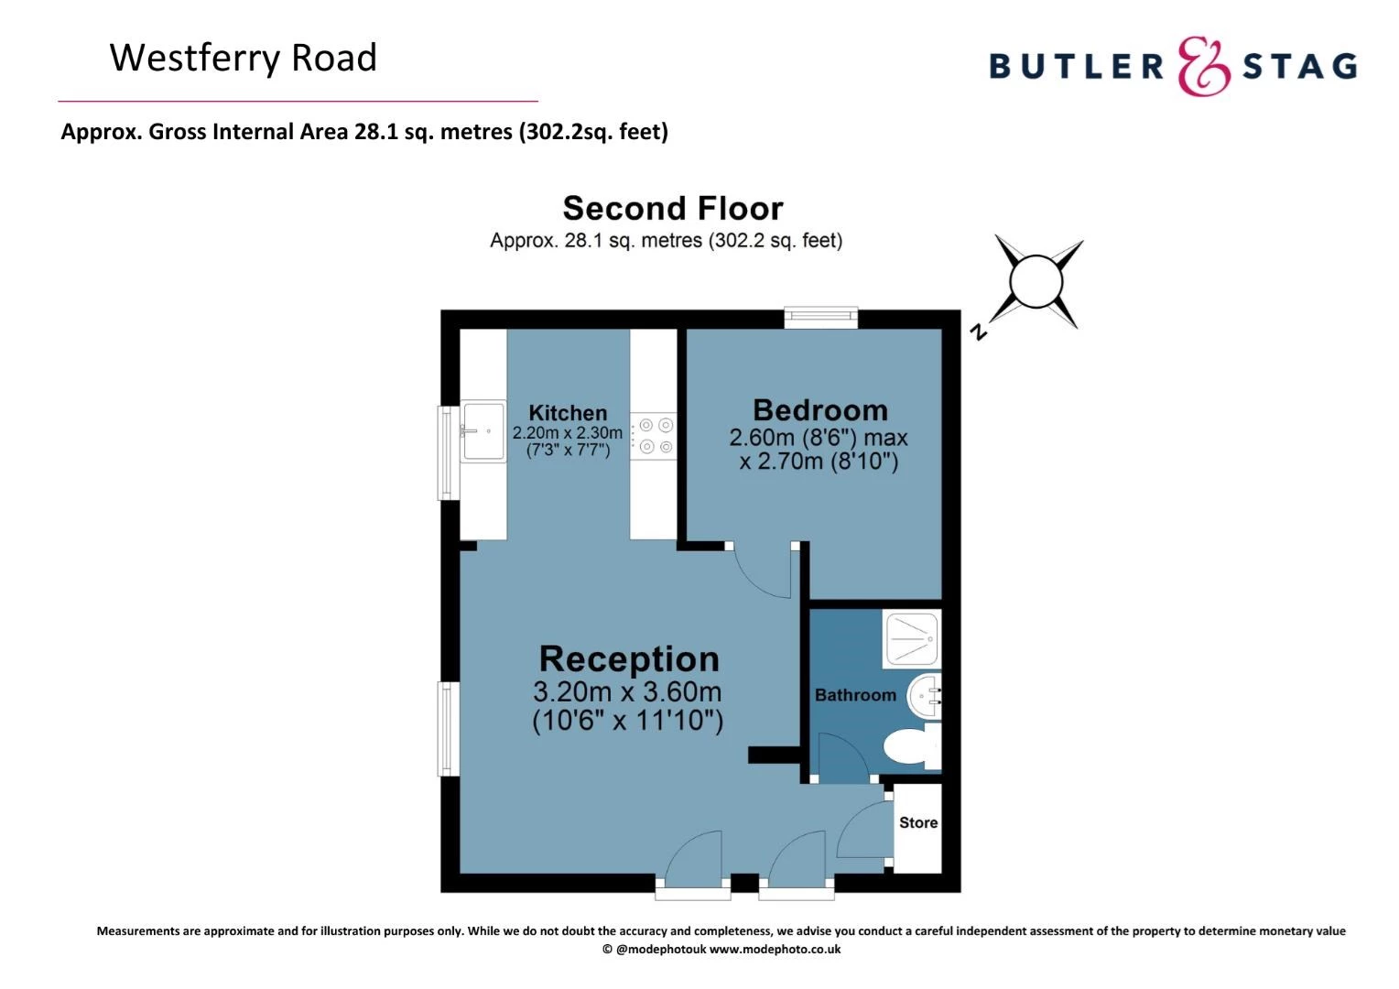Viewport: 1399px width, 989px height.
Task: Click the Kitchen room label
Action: [x=567, y=413]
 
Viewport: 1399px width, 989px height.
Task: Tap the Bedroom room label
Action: [x=820, y=410]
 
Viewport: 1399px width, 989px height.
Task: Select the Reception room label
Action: [x=629, y=659]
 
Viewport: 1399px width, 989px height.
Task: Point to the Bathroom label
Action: [x=855, y=695]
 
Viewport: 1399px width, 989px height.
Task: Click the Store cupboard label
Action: [x=918, y=822]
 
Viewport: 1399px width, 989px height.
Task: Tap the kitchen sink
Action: [x=483, y=431]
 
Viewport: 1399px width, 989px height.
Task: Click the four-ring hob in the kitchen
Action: [x=653, y=436]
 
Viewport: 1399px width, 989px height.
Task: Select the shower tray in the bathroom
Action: [x=912, y=639]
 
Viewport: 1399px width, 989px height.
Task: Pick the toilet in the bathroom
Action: [x=913, y=746]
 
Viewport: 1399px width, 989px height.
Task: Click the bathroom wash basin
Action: [x=925, y=697]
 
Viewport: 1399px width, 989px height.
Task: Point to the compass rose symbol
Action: [x=1036, y=282]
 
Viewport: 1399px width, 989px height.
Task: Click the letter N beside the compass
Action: [x=979, y=331]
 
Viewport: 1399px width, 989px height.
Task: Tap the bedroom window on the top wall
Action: [x=820, y=318]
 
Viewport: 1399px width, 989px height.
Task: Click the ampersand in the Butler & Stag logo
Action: [x=1203, y=66]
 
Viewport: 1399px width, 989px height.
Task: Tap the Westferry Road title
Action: [x=244, y=58]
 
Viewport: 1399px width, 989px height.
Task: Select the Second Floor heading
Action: [x=673, y=208]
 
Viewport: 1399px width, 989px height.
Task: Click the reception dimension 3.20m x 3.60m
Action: [x=627, y=691]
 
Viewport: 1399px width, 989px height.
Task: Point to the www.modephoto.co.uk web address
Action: [x=775, y=950]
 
